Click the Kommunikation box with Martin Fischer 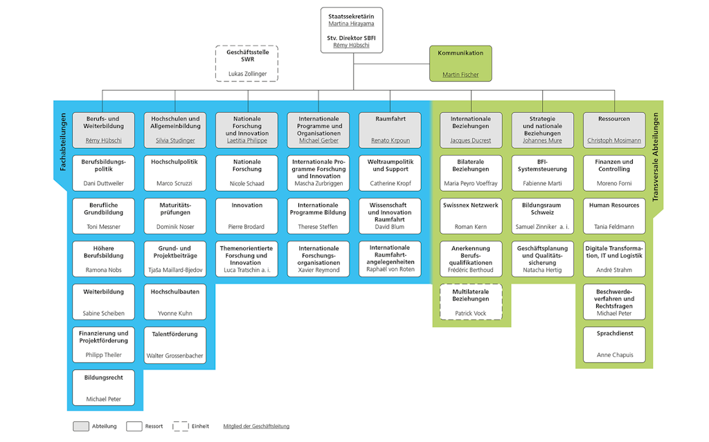coord(460,63)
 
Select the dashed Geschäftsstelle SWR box coord(247,63)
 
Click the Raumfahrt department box coord(391,129)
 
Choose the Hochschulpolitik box coord(175,172)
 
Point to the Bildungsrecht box coord(104,387)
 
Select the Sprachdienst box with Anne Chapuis coord(614,344)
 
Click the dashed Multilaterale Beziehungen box coord(471,302)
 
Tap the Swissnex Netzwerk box coord(471,216)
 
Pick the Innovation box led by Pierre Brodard coord(247,216)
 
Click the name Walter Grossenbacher coord(175,356)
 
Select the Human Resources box coord(614,216)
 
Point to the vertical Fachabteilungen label coord(62,142)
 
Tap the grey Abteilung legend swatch coord(81,426)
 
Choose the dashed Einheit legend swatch coord(181,426)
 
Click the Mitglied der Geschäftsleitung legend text coord(256,426)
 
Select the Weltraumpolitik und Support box coord(391,172)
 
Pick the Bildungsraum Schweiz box coord(542,216)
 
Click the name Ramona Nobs coord(104,270)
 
